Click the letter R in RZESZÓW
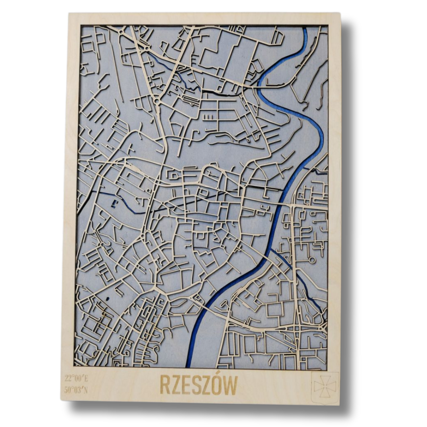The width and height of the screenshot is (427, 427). [x=165, y=385]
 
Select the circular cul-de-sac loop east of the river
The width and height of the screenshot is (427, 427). [x=311, y=259]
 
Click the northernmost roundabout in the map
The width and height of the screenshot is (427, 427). [x=121, y=32]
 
